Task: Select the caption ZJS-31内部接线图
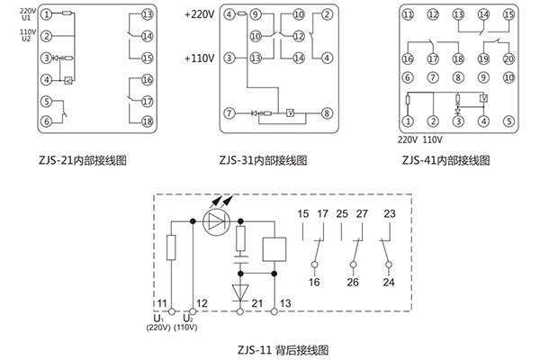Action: [263, 160]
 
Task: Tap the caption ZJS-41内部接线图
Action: [446, 159]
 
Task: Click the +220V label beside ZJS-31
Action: [197, 15]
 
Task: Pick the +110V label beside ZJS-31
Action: [197, 58]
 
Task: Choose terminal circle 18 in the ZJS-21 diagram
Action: [148, 121]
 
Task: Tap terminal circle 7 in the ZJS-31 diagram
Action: [229, 113]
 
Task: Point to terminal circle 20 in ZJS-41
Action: [508, 58]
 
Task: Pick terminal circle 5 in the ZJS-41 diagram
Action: [508, 121]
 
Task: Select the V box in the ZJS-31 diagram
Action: [289, 113]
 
